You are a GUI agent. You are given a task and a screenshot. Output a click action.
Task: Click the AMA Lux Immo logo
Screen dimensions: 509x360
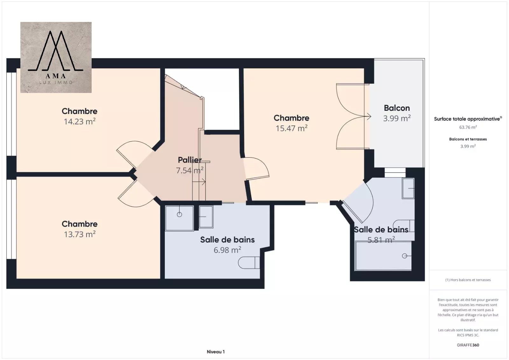tap(56, 57)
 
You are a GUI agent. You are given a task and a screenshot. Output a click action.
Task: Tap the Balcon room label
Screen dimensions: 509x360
tap(397, 108)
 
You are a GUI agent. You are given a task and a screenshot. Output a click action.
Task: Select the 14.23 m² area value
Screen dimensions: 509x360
tap(80, 122)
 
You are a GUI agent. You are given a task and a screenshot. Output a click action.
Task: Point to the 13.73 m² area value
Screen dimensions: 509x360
tap(80, 234)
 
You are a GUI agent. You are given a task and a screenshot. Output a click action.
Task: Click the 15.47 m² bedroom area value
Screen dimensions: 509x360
tap(291, 128)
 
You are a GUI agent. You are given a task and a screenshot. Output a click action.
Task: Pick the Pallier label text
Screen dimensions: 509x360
tap(190, 160)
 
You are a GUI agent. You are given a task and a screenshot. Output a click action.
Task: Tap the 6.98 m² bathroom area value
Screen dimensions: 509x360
tap(227, 250)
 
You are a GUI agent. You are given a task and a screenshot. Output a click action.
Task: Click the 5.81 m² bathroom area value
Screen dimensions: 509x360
tap(381, 240)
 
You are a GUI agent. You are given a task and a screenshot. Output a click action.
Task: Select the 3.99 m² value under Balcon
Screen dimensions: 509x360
tap(397, 118)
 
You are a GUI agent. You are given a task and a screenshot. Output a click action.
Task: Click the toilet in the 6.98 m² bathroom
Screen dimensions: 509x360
tap(249, 263)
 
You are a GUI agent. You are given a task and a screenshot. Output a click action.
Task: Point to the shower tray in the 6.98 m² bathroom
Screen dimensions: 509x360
tap(179, 218)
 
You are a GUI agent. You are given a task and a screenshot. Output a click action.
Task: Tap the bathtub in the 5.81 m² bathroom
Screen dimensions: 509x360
tap(384, 256)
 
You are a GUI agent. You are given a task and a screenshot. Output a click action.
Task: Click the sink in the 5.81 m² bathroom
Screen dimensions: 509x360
tap(408, 188)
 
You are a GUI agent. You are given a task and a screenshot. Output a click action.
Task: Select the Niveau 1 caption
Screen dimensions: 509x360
tap(216, 352)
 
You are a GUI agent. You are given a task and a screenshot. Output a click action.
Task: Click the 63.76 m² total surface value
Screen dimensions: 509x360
tap(468, 127)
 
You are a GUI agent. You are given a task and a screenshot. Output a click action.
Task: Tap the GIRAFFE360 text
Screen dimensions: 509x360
tap(468, 345)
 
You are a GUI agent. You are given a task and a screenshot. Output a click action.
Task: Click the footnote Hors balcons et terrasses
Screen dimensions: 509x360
tap(468, 280)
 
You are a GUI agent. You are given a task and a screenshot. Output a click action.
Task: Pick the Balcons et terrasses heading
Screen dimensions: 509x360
tap(468, 139)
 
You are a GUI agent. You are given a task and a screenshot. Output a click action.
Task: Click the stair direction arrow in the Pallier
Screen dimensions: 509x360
tap(199, 182)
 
